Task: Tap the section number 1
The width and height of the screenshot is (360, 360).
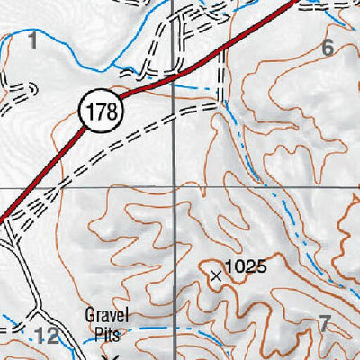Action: (33, 40)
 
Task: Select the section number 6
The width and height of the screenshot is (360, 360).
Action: (327, 49)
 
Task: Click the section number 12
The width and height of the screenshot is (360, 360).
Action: (48, 336)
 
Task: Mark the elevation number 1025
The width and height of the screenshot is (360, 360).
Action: (246, 266)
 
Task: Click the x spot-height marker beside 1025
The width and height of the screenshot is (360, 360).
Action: (215, 276)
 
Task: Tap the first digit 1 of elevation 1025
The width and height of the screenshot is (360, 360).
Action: (228, 266)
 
